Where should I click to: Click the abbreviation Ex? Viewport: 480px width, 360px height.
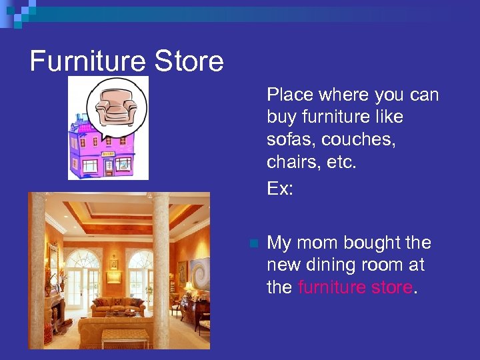click(280, 189)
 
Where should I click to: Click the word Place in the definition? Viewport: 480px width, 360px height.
click(289, 95)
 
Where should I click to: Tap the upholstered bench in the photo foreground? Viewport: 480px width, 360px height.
click(125, 337)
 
